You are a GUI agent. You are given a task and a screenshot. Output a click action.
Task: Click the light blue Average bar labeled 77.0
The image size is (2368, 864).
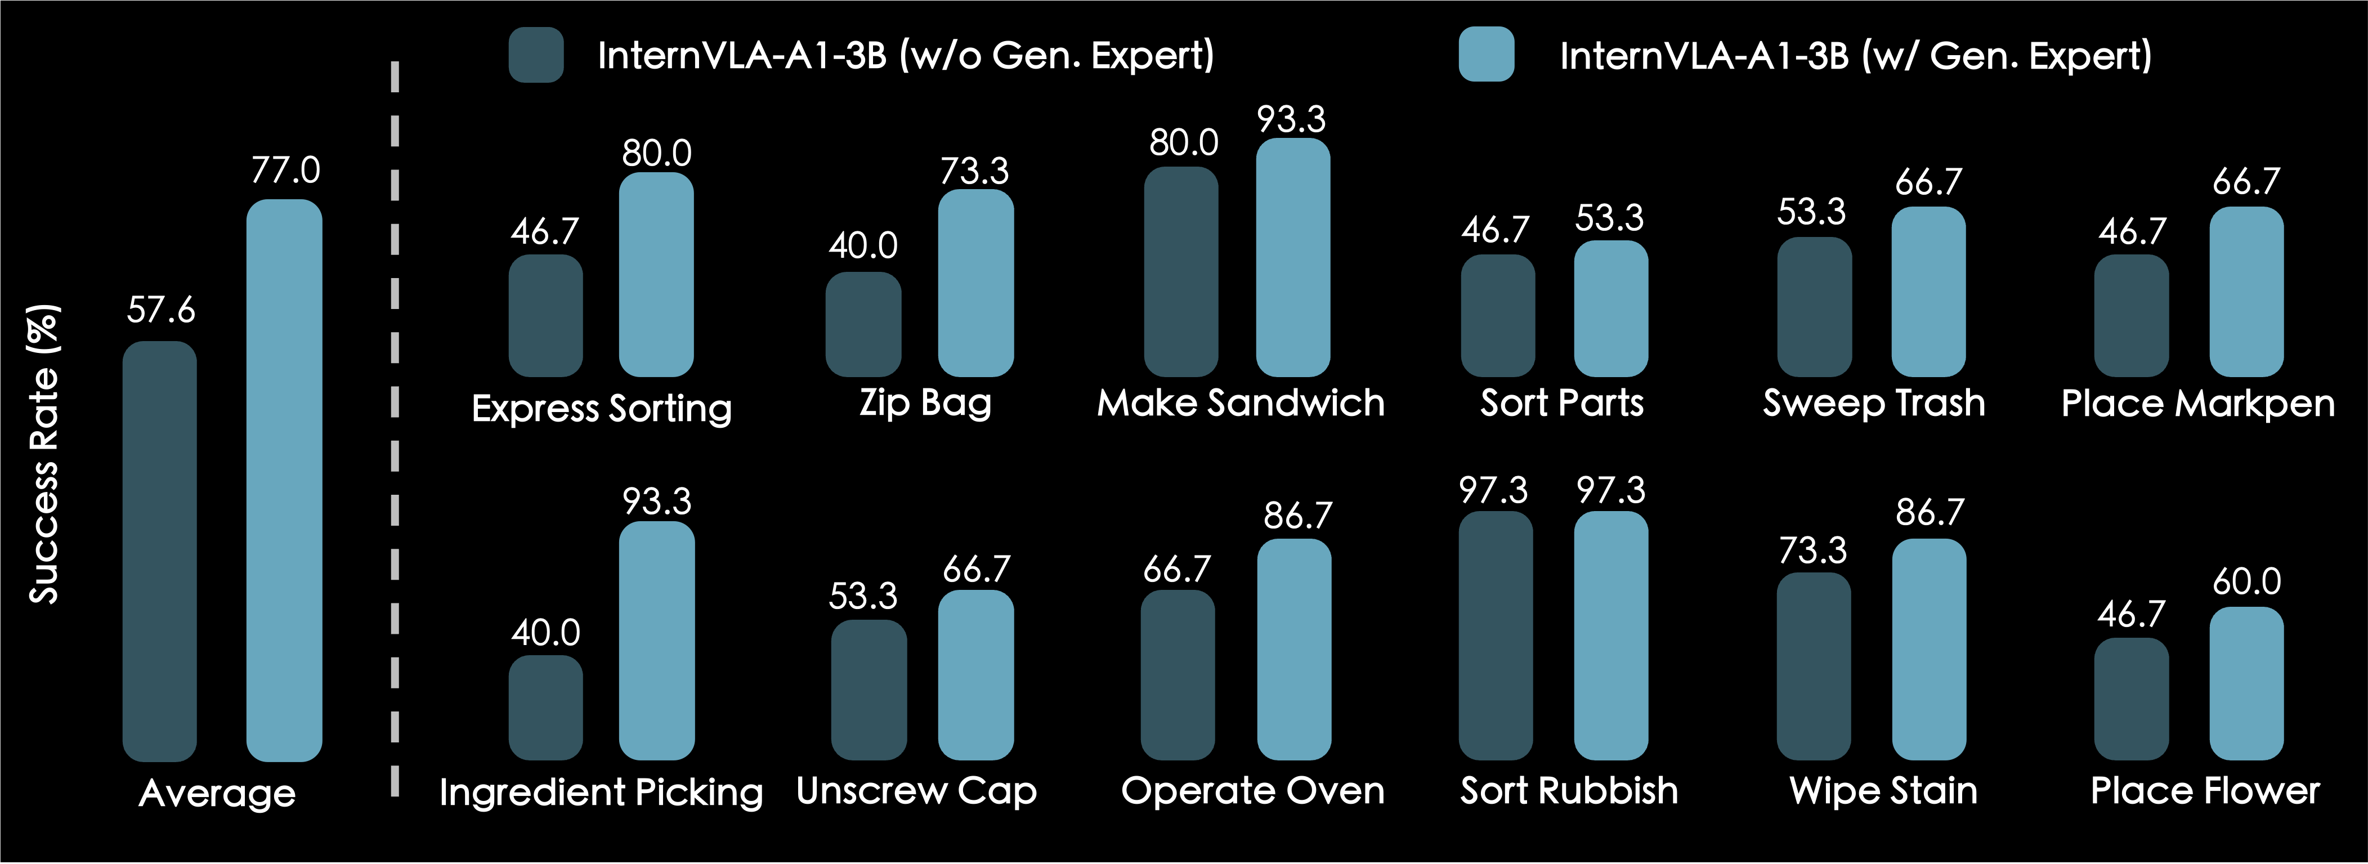click(284, 480)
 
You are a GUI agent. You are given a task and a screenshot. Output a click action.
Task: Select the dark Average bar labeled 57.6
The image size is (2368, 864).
click(160, 552)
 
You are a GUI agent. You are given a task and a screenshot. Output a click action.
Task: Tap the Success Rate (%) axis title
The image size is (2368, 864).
click(44, 454)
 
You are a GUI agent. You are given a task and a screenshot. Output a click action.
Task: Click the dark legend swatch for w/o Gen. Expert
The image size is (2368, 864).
click(536, 55)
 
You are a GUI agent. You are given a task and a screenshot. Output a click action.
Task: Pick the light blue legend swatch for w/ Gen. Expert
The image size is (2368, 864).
click(1487, 55)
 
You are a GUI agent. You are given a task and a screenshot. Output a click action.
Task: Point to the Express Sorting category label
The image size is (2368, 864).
click(601, 408)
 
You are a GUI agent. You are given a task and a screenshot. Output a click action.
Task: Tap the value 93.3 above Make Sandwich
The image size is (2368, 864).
click(1292, 119)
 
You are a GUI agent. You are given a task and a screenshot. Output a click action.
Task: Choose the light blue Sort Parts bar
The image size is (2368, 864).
click(1610, 309)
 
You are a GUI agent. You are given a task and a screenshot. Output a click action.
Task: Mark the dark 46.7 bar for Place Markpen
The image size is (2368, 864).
click(2131, 316)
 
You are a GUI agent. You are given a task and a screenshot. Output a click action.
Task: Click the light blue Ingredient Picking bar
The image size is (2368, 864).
click(656, 641)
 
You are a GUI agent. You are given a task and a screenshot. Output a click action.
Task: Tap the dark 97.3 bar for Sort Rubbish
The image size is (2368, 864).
click(1496, 636)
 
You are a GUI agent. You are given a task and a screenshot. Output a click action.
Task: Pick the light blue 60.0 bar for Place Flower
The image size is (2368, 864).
click(2246, 684)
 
